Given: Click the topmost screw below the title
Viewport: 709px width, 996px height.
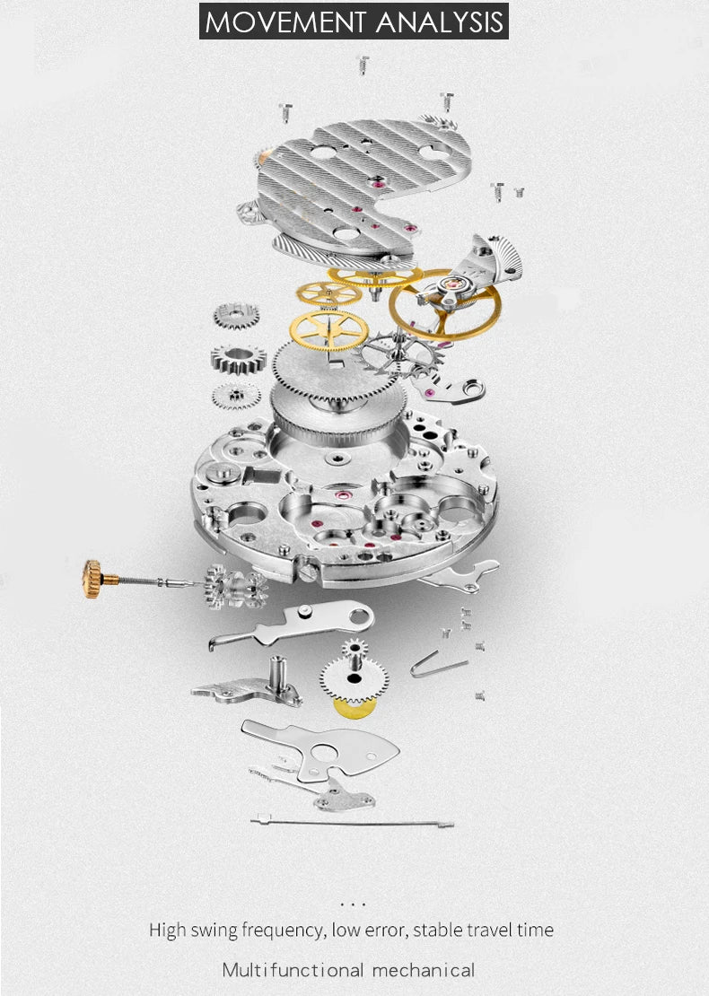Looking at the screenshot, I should point(363,63).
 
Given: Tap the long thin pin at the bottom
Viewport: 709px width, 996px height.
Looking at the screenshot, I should point(354,821).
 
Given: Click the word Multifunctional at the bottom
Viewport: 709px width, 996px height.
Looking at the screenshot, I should point(293,970).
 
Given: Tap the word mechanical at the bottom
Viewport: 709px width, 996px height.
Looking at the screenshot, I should point(425,970).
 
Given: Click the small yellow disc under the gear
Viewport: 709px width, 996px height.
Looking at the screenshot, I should point(354,708).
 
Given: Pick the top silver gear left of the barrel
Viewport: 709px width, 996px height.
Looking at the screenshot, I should point(236,316).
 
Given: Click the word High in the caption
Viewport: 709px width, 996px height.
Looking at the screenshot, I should point(168,930).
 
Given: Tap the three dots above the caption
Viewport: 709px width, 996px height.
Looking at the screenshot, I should point(354,904).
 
